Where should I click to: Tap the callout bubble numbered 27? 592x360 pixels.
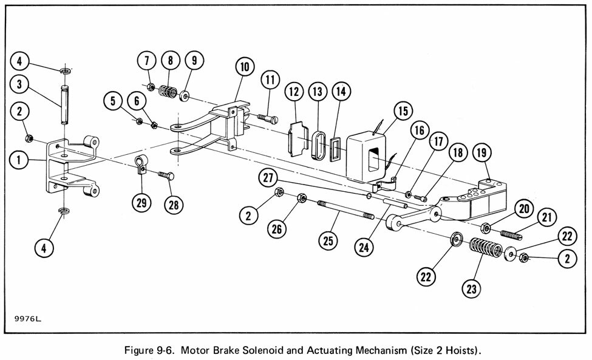pyautogui.click(x=268, y=178)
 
